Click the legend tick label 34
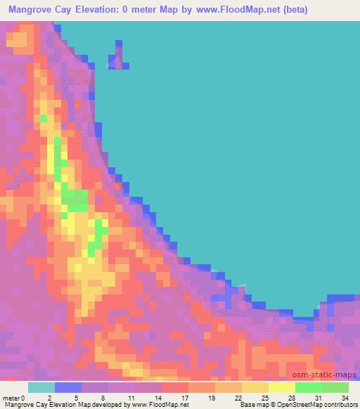coord(344,398)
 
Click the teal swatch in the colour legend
coord(41,387)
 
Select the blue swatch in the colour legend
coord(67,387)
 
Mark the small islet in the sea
coord(118,58)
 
